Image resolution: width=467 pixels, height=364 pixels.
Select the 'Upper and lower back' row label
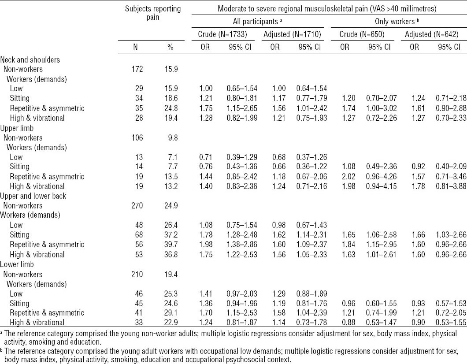click(x=33, y=196)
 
